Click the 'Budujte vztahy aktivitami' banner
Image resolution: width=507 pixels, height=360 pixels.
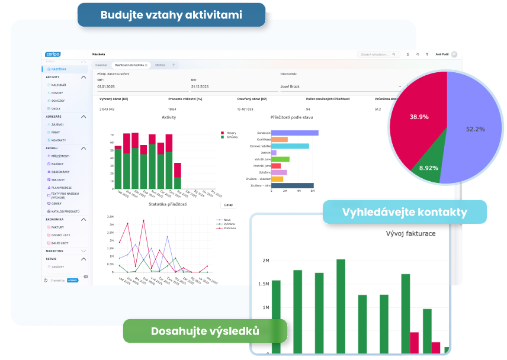(171, 15)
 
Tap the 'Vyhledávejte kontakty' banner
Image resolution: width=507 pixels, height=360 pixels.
(405, 212)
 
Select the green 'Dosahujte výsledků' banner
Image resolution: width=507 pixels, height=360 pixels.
(205, 331)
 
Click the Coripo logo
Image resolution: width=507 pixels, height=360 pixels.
(52, 54)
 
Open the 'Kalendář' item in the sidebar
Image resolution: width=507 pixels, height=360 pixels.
(58, 85)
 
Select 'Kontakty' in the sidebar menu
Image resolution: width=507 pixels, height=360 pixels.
(58, 140)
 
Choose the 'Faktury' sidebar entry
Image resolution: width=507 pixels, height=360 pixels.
(57, 227)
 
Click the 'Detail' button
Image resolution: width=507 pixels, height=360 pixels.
(228, 205)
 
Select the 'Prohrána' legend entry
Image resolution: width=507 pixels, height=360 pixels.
(229, 228)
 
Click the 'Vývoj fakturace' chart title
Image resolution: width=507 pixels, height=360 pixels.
(410, 233)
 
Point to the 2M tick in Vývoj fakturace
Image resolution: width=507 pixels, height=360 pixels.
(265, 261)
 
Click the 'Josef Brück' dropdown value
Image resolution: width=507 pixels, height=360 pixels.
(290, 86)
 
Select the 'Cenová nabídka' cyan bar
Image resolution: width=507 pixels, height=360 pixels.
(290, 146)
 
